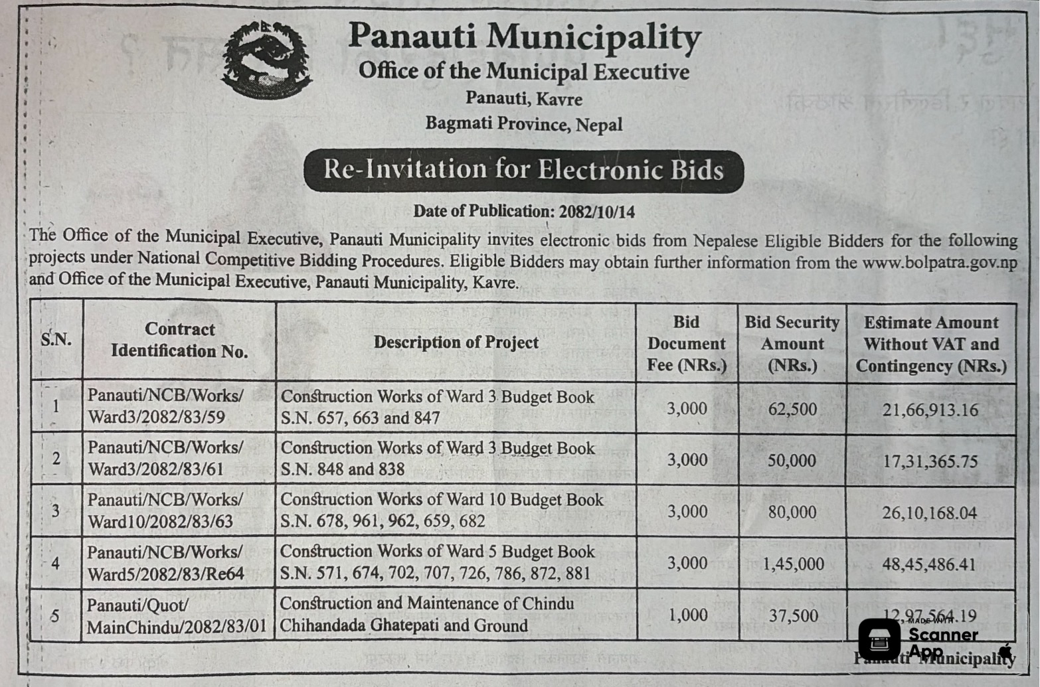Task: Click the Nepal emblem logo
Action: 267,60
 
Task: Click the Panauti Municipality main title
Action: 524,37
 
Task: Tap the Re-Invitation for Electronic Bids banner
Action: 523,171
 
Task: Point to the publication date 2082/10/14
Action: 596,212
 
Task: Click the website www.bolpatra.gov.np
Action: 939,262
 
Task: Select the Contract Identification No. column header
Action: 179,340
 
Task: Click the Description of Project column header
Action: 456,343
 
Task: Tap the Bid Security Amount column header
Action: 792,344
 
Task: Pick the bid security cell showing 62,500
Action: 792,409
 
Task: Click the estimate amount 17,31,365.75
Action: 930,461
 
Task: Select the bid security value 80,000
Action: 792,512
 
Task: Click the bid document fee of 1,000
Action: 687,615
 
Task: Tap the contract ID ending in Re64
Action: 165,563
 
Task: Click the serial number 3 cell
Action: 56,511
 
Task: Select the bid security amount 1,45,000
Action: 793,564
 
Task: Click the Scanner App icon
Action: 879,639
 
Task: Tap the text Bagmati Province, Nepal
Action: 524,124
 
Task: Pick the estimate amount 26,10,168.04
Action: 930,513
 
